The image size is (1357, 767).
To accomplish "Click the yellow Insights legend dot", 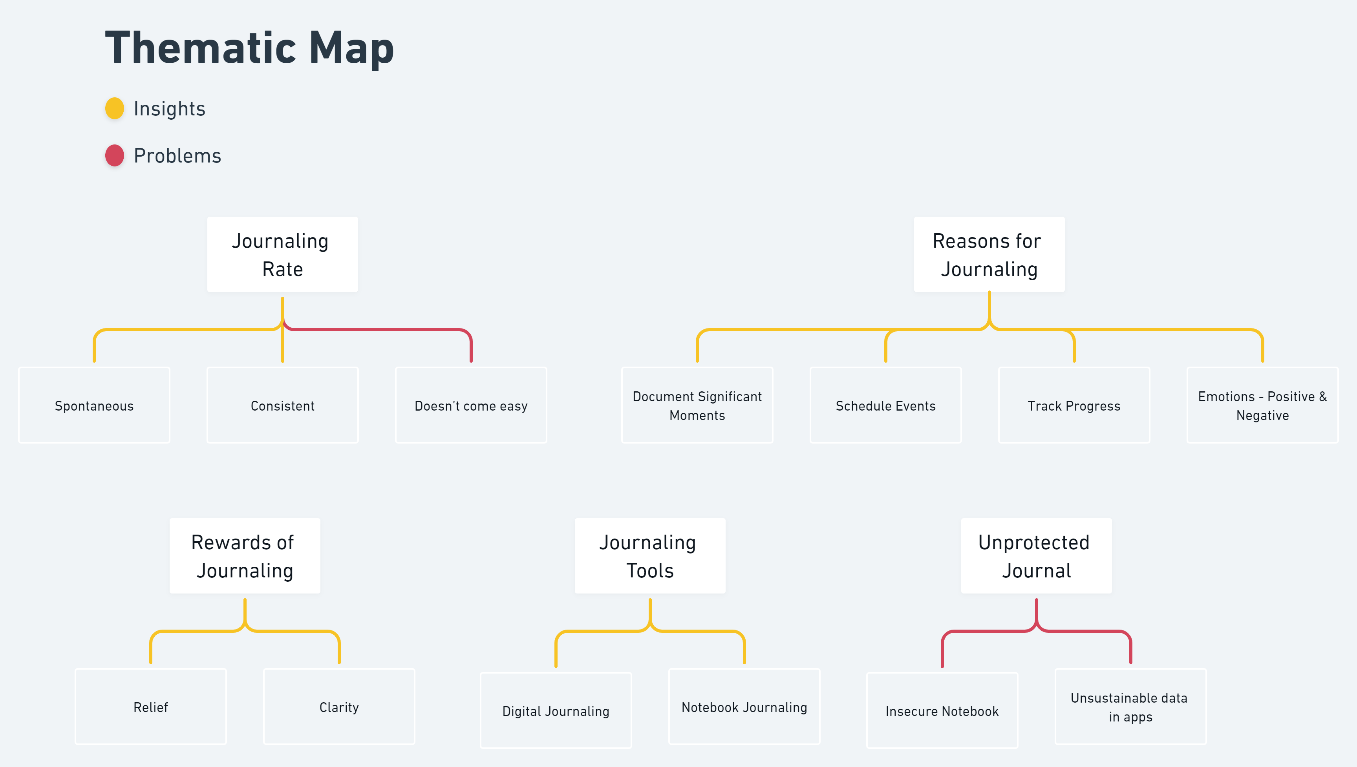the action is click(x=114, y=108).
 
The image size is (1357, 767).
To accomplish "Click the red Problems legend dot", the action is click(x=114, y=155).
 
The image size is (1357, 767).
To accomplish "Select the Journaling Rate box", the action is click(x=282, y=254).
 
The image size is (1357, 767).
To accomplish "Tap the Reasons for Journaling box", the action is click(x=989, y=254).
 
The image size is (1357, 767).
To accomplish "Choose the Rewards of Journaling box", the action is click(x=245, y=556).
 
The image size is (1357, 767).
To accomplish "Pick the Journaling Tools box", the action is click(x=649, y=556).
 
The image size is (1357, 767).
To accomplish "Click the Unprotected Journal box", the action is click(x=1036, y=556).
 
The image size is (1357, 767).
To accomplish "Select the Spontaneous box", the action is click(x=94, y=405).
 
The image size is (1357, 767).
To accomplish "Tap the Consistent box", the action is click(x=282, y=405).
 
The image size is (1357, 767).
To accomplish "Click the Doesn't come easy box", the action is click(x=471, y=405).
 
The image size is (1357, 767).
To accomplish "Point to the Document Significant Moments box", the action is click(x=697, y=405).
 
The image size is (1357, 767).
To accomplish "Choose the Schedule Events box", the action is click(x=885, y=405).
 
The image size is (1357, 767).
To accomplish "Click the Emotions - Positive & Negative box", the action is click(x=1262, y=405).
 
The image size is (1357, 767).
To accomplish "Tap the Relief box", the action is click(x=151, y=707).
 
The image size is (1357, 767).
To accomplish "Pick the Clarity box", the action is click(x=339, y=707).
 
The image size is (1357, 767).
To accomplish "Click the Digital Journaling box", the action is click(x=556, y=710).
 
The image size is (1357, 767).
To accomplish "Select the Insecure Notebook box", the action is click(x=942, y=710).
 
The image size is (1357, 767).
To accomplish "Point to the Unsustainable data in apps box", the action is click(x=1130, y=707).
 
